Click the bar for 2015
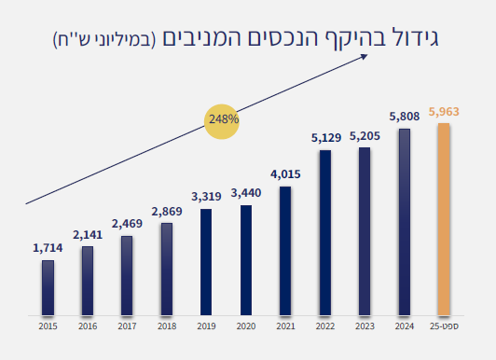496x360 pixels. point(48,287)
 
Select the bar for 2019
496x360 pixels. point(206,261)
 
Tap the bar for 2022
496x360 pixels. point(324,231)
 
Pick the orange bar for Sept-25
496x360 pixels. point(444,219)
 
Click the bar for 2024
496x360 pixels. point(404,221)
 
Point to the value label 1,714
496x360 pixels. point(48,247)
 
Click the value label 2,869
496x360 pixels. point(166,212)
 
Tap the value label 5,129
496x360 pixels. point(324,138)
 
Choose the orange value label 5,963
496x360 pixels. point(444,112)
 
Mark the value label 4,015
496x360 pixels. point(285,174)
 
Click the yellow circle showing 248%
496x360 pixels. point(223,119)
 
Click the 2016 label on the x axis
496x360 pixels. point(87,326)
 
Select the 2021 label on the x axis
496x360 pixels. point(285,326)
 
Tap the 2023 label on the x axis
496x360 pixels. point(365,326)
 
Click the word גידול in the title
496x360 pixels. point(414,40)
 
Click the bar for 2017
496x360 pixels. point(127,275)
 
